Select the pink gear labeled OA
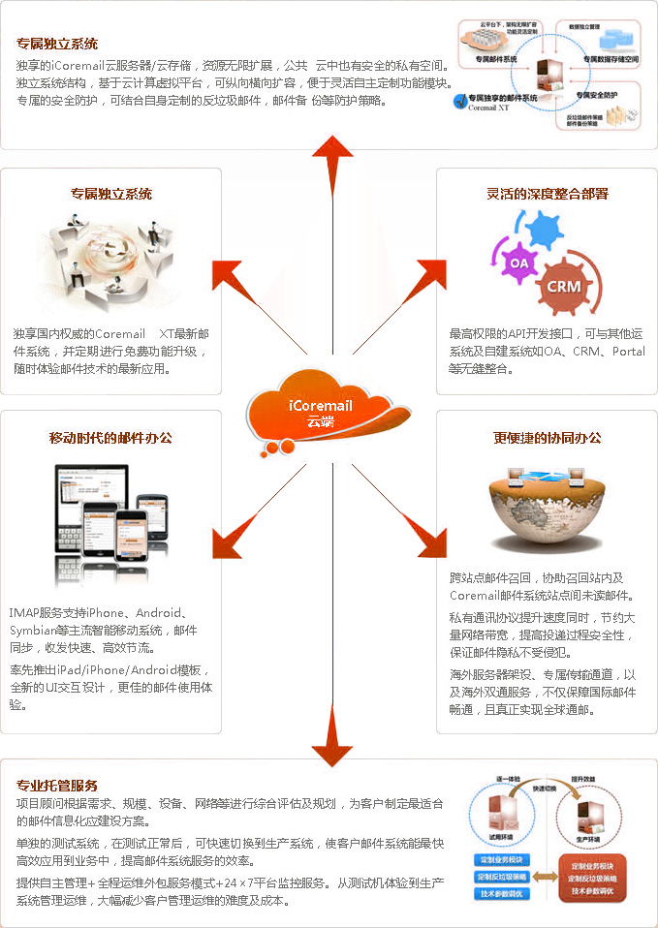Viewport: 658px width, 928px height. pyautogui.click(x=518, y=263)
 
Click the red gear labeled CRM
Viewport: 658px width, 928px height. pyautogui.click(x=563, y=287)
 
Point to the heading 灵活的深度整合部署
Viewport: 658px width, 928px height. pyautogui.click(x=547, y=194)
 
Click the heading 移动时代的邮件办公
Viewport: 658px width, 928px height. pyautogui.click(x=110, y=438)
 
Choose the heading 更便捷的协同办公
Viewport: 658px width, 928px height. pyautogui.click(x=547, y=438)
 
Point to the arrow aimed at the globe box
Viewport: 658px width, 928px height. pyautogui.click(x=423, y=542)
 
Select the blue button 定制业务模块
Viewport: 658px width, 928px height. pyautogui.click(x=502, y=859)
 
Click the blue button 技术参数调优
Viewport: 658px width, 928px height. pyautogui.click(x=502, y=893)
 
